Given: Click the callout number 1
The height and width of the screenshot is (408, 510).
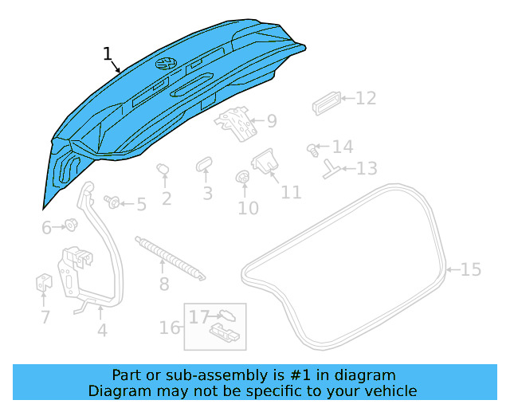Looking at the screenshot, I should pos(108,54).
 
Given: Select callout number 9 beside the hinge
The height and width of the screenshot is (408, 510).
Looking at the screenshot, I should pos(272,121).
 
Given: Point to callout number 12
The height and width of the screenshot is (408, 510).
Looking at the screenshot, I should pos(365,99).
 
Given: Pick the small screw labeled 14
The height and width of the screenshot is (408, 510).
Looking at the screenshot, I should pos(312,148).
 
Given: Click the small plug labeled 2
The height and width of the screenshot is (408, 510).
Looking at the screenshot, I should pos(163,169).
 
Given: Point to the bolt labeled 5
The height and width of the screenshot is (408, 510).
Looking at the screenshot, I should pos(112,202).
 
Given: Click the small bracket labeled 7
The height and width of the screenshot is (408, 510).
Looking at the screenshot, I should pos(44,283).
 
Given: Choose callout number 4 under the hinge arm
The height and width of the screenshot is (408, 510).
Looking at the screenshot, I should pos(102,331).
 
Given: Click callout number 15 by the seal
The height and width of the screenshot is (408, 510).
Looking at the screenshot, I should pos(471,270).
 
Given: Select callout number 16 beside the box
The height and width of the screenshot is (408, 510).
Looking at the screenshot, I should pos(170,328).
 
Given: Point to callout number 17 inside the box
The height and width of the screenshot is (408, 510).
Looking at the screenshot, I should pos(198,317).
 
